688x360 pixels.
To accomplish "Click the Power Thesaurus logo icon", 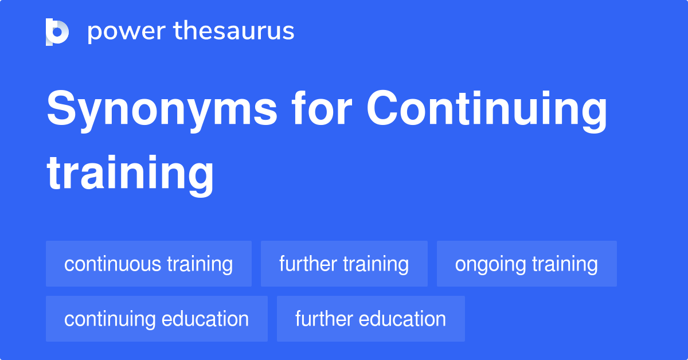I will pos(57,32).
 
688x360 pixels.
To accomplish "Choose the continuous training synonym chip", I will pos(148,264).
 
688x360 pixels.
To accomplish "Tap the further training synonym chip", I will pos(344,264).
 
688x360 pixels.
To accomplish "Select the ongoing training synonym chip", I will pos(526,264).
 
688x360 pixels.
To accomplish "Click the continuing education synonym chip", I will pos(157,319).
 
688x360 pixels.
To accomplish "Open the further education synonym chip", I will pos(370,319).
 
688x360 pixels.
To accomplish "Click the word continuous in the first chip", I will pos(113,264).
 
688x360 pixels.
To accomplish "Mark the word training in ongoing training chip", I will pos(565,264).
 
